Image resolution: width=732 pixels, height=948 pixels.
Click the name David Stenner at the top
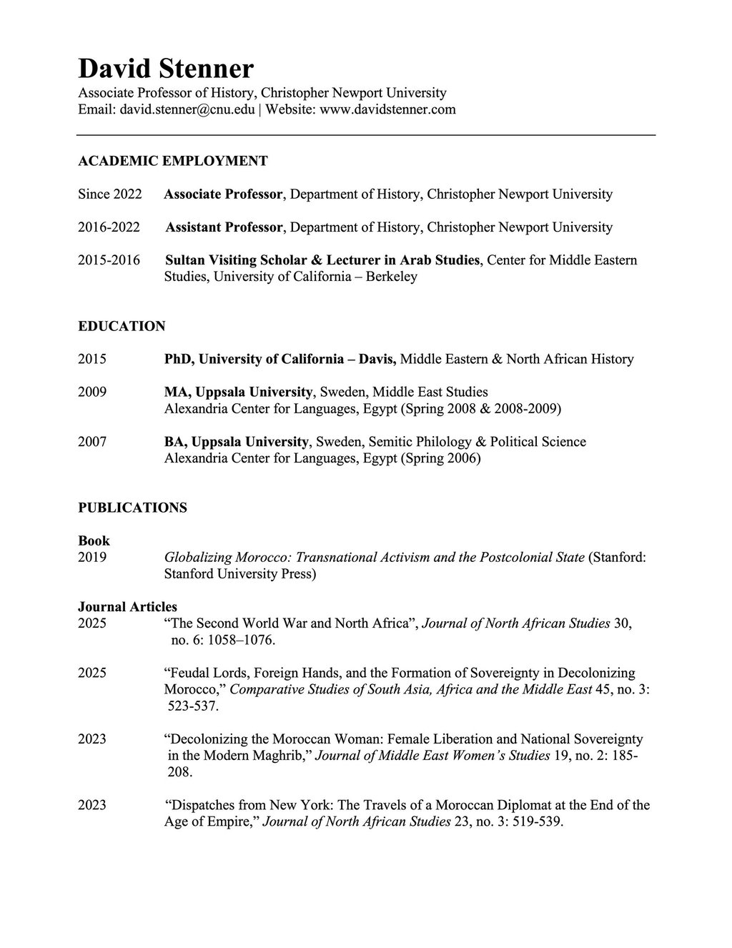coord(165,69)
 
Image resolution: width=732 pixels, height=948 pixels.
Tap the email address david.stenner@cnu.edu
coord(187,109)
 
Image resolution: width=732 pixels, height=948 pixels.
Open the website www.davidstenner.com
coord(387,109)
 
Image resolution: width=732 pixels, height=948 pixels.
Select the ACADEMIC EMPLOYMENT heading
coord(172,161)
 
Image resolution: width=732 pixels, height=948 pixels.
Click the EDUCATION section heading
coord(122,326)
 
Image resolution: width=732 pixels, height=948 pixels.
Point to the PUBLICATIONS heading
coord(132,508)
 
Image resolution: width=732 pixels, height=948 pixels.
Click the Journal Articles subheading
coord(127,607)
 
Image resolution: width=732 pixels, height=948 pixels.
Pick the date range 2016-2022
coord(109,227)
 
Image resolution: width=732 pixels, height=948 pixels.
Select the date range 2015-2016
coord(109,260)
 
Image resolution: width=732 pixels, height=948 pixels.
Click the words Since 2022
coord(109,194)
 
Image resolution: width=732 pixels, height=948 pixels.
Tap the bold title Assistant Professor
coord(224,227)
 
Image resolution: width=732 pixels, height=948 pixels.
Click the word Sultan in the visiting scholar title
coord(185,260)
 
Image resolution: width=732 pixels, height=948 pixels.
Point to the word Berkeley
coord(391,277)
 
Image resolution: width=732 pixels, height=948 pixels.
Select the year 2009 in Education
coord(92,392)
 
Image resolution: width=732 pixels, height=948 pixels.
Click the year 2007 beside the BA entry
coord(92,442)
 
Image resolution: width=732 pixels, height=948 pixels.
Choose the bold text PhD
coord(178,359)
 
